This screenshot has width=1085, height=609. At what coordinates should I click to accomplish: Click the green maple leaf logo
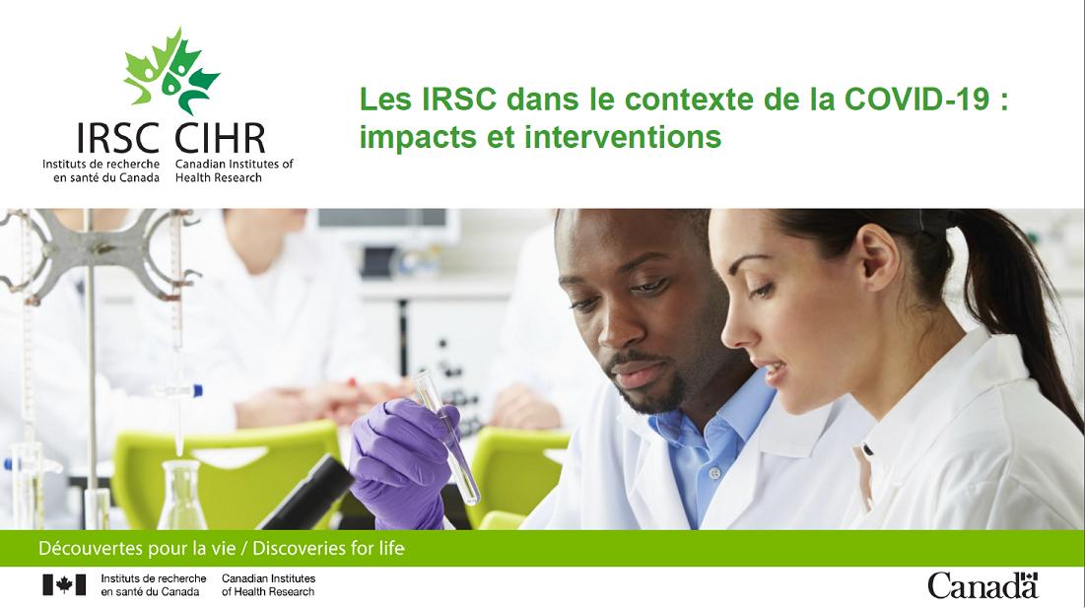pos(171,71)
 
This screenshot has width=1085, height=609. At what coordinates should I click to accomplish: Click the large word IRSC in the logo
pos(118,138)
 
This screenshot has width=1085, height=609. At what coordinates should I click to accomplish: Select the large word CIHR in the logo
pos(220,138)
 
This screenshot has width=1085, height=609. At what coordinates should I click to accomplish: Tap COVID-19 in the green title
pos(916,100)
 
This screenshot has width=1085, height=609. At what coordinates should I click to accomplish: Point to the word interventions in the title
pos(623,136)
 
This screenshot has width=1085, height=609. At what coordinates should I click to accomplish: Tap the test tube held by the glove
pos(446,436)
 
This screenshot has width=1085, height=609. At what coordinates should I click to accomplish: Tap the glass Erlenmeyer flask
pos(182,494)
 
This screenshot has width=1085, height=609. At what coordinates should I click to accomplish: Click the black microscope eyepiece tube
pos(305,495)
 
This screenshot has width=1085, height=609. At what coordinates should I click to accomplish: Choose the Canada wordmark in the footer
pos(983,585)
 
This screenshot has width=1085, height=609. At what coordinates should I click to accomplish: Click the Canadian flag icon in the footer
pos(64,584)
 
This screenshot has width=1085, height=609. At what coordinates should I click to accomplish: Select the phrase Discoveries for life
pos(329,549)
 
